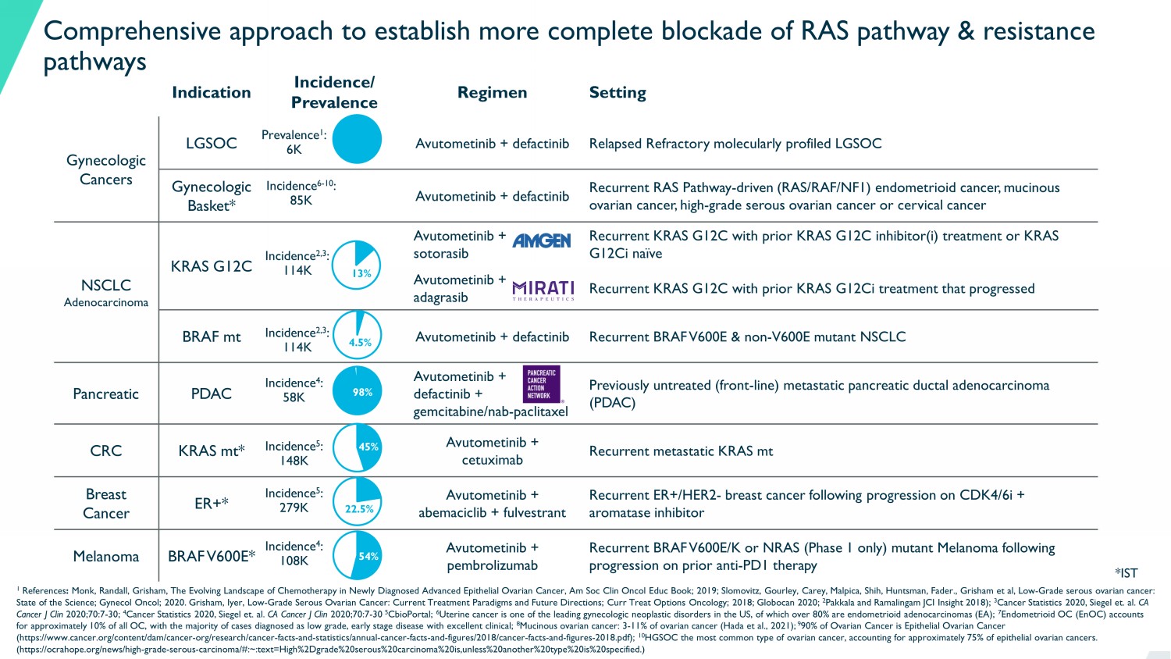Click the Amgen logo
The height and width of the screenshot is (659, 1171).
click(542, 240)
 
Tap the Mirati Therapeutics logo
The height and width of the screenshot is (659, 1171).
click(543, 290)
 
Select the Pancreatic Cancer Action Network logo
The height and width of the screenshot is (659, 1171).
click(541, 384)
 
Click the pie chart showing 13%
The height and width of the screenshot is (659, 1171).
click(357, 265)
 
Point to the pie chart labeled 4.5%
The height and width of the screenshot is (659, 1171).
click(358, 336)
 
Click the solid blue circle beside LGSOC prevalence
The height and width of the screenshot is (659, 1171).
click(357, 139)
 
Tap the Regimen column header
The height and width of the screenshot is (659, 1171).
click(492, 92)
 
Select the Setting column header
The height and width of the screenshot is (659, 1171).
click(618, 92)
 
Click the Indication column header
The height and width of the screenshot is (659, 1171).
click(211, 92)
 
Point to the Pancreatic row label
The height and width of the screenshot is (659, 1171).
click(105, 394)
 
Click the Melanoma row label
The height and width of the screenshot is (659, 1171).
click(105, 556)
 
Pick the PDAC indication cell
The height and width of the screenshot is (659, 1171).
click(211, 394)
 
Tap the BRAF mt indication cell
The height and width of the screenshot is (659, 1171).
click(211, 337)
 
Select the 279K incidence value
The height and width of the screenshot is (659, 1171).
click(294, 508)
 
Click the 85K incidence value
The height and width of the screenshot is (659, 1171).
click(301, 201)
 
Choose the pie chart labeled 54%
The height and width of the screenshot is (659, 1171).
click(357, 555)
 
